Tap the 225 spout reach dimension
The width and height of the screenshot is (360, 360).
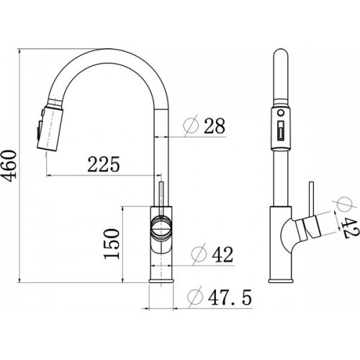click(x=104, y=164)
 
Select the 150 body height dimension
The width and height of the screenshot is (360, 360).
click(x=112, y=243)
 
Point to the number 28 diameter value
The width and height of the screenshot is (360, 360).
click(x=215, y=125)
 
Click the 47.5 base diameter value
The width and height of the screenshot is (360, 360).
click(x=230, y=297)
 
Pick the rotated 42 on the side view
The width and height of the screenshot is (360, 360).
click(x=351, y=227)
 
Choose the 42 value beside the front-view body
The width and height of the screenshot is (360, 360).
click(x=222, y=254)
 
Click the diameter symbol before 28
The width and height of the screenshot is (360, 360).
click(x=192, y=125)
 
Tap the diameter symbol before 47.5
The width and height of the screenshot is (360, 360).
click(x=195, y=297)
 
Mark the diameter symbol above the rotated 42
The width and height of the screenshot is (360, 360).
click(x=344, y=204)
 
